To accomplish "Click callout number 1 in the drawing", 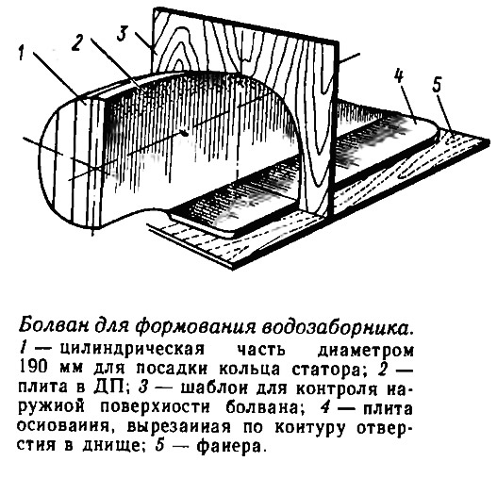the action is pyautogui.click(x=22, y=53).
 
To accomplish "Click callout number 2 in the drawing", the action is pyautogui.click(x=77, y=42).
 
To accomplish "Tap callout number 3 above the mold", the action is pyautogui.click(x=124, y=33).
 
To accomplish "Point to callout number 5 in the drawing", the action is pyautogui.click(x=437, y=85).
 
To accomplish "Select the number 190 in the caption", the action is pyautogui.click(x=34, y=370).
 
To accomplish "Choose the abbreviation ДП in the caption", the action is pyautogui.click(x=108, y=388).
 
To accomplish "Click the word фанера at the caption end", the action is pyautogui.click(x=230, y=445).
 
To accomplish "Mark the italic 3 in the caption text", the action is pyautogui.click(x=143, y=388).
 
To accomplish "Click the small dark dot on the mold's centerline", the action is pyautogui.click(x=185, y=135).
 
